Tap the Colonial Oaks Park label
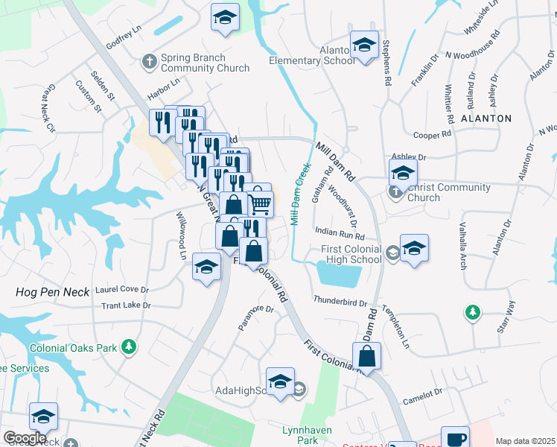(74, 347)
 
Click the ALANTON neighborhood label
(486, 118)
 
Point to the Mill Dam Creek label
(300, 194)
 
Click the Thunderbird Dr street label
(340, 302)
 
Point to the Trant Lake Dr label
(126, 305)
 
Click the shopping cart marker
(260, 202)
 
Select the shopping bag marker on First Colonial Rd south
(367, 355)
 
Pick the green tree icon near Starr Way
(472, 311)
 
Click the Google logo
(25, 438)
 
